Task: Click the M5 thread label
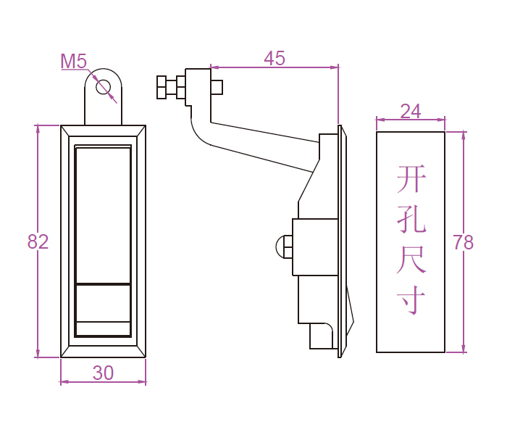pyautogui.click(x=73, y=62)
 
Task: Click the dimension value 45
pyautogui.click(x=275, y=59)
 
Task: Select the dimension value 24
pyautogui.click(x=410, y=111)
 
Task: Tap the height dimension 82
pyautogui.click(x=38, y=241)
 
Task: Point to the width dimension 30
pyautogui.click(x=103, y=373)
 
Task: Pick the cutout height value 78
pyautogui.click(x=463, y=242)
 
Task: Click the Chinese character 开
pyautogui.click(x=411, y=179)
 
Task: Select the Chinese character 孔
pyautogui.click(x=411, y=218)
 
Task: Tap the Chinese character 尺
pyautogui.click(x=411, y=260)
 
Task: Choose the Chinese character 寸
pyautogui.click(x=411, y=299)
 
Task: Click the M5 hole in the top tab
pyautogui.click(x=103, y=87)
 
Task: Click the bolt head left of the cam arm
pyautogui.click(x=162, y=87)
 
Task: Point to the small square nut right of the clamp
pyautogui.click(x=217, y=87)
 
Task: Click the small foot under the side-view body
pyautogui.click(x=322, y=336)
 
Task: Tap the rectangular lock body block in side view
pyautogui.click(x=315, y=246)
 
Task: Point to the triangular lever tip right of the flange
pyautogui.click(x=350, y=312)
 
